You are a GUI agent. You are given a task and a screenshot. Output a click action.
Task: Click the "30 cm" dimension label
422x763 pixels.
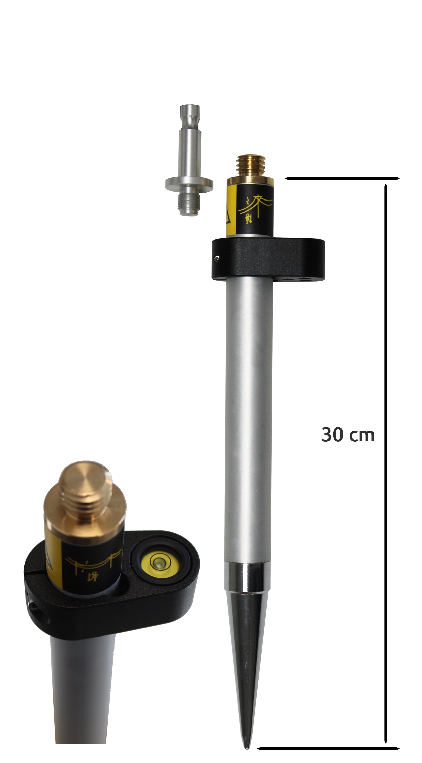[x=348, y=435]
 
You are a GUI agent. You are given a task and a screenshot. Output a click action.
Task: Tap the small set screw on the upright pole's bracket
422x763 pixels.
[x=217, y=258]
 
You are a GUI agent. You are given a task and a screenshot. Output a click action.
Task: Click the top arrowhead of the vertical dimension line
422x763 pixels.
[x=386, y=187]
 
